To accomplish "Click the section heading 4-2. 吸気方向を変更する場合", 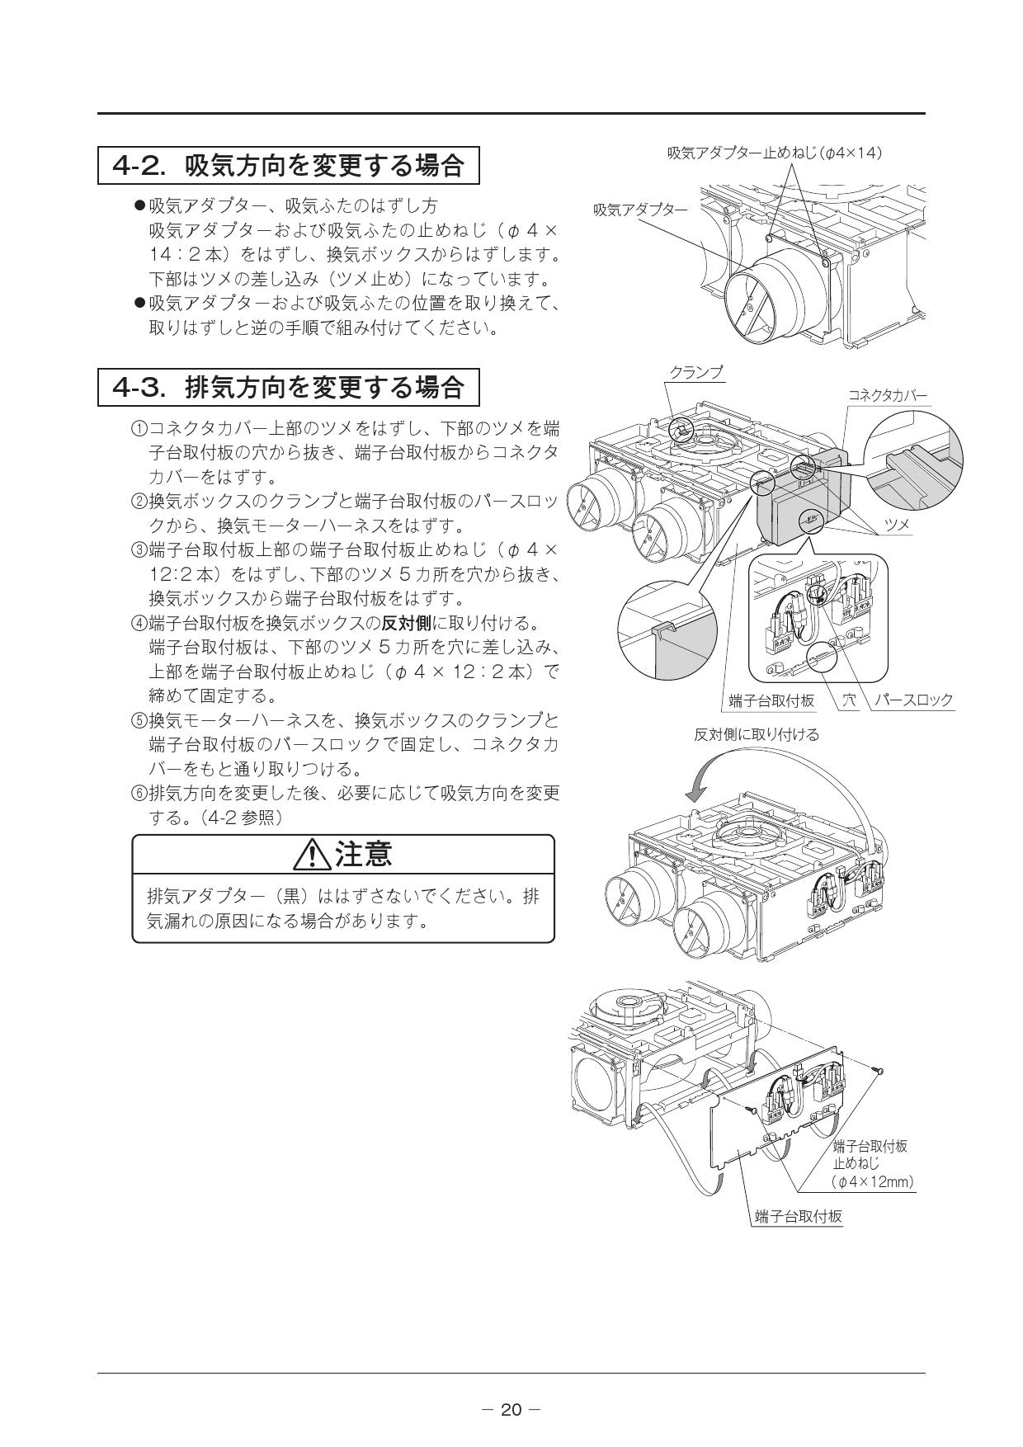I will [288, 166].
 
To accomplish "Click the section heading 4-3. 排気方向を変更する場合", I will [288, 386].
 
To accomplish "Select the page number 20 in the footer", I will [511, 1409].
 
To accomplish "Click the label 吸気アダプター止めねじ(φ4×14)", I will [775, 153].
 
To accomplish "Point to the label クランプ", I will [695, 373].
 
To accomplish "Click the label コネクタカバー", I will [887, 396].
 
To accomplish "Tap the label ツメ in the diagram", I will [896, 525].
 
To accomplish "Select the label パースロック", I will [913, 700].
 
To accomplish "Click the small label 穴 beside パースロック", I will [848, 700].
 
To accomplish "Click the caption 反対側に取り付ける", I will [756, 734].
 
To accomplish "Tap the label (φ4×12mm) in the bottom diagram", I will [873, 1182].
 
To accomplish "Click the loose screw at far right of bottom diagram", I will [880, 1069].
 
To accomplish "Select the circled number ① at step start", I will [139, 430].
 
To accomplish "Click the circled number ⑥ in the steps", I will [139, 794].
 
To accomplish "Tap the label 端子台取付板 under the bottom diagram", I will [798, 1217].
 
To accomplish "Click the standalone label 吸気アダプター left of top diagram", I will [640, 210].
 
